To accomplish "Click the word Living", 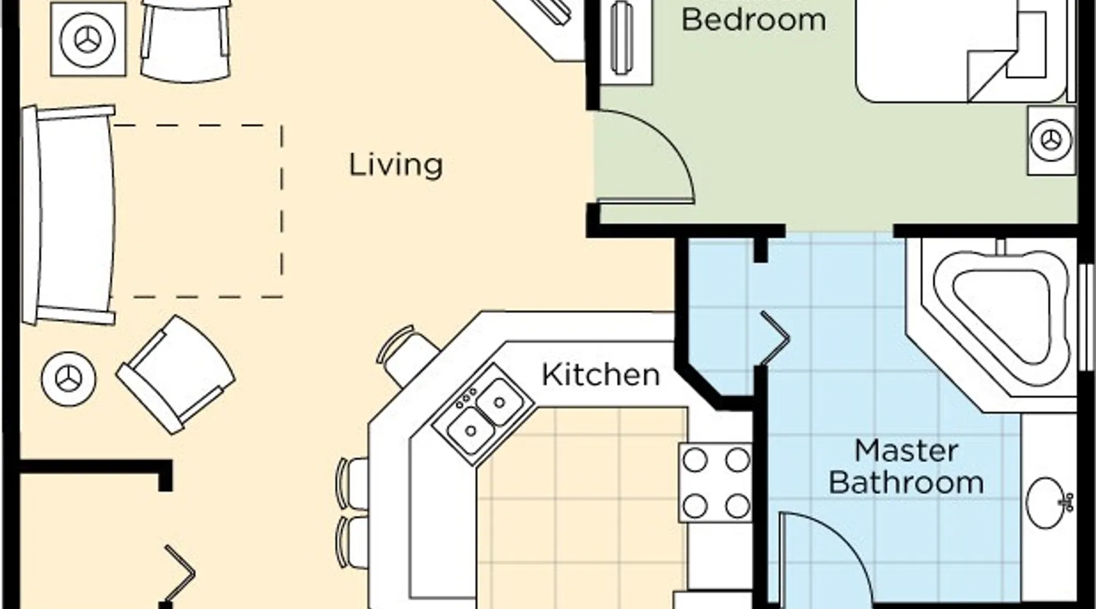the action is [x=396, y=166].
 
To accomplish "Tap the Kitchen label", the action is [x=601, y=375].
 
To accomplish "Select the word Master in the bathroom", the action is [x=907, y=451].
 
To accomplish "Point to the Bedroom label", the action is [x=754, y=19].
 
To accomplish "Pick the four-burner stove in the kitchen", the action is [x=715, y=483].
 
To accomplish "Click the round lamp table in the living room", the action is [x=68, y=379].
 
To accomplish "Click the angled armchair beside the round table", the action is [x=176, y=374].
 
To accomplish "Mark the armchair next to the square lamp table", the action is [x=186, y=40].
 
